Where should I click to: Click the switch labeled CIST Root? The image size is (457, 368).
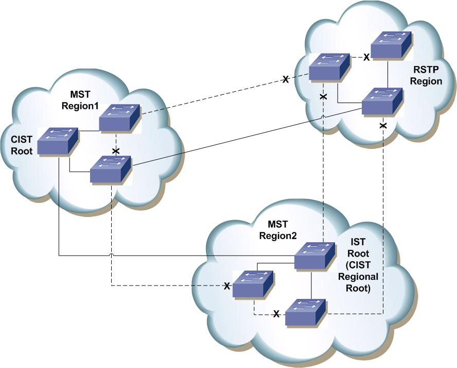click(x=58, y=141)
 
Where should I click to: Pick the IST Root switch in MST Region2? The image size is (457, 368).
click(x=314, y=256)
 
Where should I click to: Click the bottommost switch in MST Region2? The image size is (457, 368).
click(x=305, y=312)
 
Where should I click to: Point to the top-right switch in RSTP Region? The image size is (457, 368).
click(x=391, y=45)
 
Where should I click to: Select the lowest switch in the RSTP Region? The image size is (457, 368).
click(x=381, y=102)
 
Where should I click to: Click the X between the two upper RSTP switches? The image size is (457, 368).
click(x=366, y=57)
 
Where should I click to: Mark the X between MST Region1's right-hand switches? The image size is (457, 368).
click(x=116, y=151)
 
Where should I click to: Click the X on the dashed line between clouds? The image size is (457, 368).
click(x=285, y=79)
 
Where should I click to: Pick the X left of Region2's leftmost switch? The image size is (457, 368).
click(x=226, y=286)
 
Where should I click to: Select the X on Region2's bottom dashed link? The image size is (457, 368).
click(x=276, y=314)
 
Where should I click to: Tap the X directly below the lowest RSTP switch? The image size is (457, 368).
click(x=383, y=126)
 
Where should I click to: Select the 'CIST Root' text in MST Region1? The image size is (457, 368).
click(x=22, y=146)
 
